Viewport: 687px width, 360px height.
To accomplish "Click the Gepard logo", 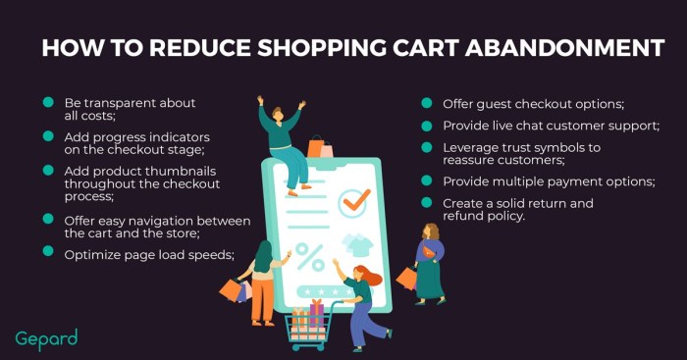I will click(x=46, y=338).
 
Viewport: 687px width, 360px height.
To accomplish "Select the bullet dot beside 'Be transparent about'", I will click(x=47, y=103).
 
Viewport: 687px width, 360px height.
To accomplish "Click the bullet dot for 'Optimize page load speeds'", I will click(x=47, y=253).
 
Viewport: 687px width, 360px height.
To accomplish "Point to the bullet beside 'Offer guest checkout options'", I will click(x=427, y=103).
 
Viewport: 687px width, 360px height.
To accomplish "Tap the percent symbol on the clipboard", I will click(x=310, y=256).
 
